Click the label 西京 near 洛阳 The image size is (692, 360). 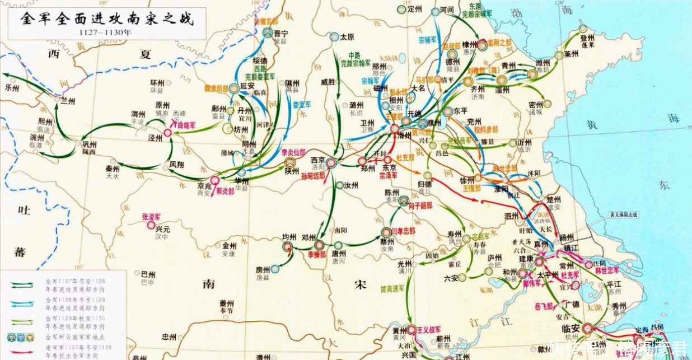pyautogui.click(x=317, y=160)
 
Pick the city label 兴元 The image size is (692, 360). pyautogui.click(x=162, y=228)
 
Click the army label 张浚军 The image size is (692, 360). pyautogui.click(x=151, y=216)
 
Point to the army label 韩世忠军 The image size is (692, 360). pyautogui.click(x=607, y=270)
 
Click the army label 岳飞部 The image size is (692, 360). pyautogui.click(x=543, y=306)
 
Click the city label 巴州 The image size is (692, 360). pyautogui.click(x=148, y=274)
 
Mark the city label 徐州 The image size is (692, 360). pyautogui.click(x=466, y=180)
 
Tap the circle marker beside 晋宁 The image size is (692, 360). pyautogui.click(x=268, y=33)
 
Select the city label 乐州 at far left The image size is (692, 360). pyautogui.click(x=12, y=88)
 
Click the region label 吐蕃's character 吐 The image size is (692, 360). pyautogui.click(x=24, y=211)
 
